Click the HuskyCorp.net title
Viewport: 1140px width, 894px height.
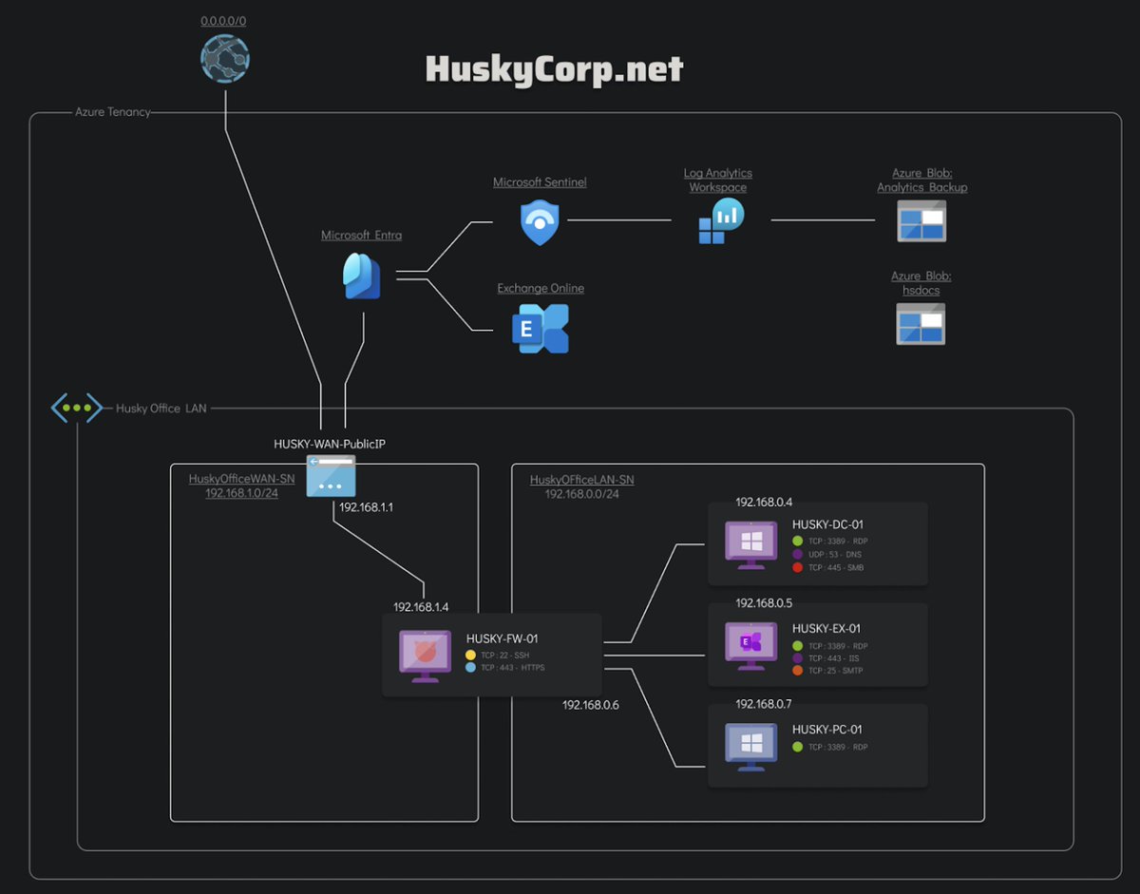click(554, 69)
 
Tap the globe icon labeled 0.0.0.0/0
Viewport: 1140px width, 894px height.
click(225, 59)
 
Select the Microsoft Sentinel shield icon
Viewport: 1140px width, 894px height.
click(540, 222)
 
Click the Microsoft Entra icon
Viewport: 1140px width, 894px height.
click(362, 276)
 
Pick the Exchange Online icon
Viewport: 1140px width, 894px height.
click(541, 329)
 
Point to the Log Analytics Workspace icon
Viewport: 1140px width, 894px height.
click(721, 221)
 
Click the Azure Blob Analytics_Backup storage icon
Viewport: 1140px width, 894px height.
click(921, 220)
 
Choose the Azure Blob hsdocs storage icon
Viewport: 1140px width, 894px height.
click(921, 323)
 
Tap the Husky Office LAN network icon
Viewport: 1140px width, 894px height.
click(76, 408)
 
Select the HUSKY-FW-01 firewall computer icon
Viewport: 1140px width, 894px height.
click(425, 656)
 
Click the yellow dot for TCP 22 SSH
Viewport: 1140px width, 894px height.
click(471, 655)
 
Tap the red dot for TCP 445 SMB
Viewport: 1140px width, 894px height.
click(797, 567)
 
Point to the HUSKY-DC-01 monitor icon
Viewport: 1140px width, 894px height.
click(750, 545)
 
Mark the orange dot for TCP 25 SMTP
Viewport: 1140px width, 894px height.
click(797, 671)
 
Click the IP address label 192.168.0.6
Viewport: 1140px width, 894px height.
click(590, 705)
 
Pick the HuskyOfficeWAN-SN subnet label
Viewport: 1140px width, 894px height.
click(241, 480)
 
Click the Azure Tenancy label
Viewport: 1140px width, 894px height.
click(112, 112)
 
